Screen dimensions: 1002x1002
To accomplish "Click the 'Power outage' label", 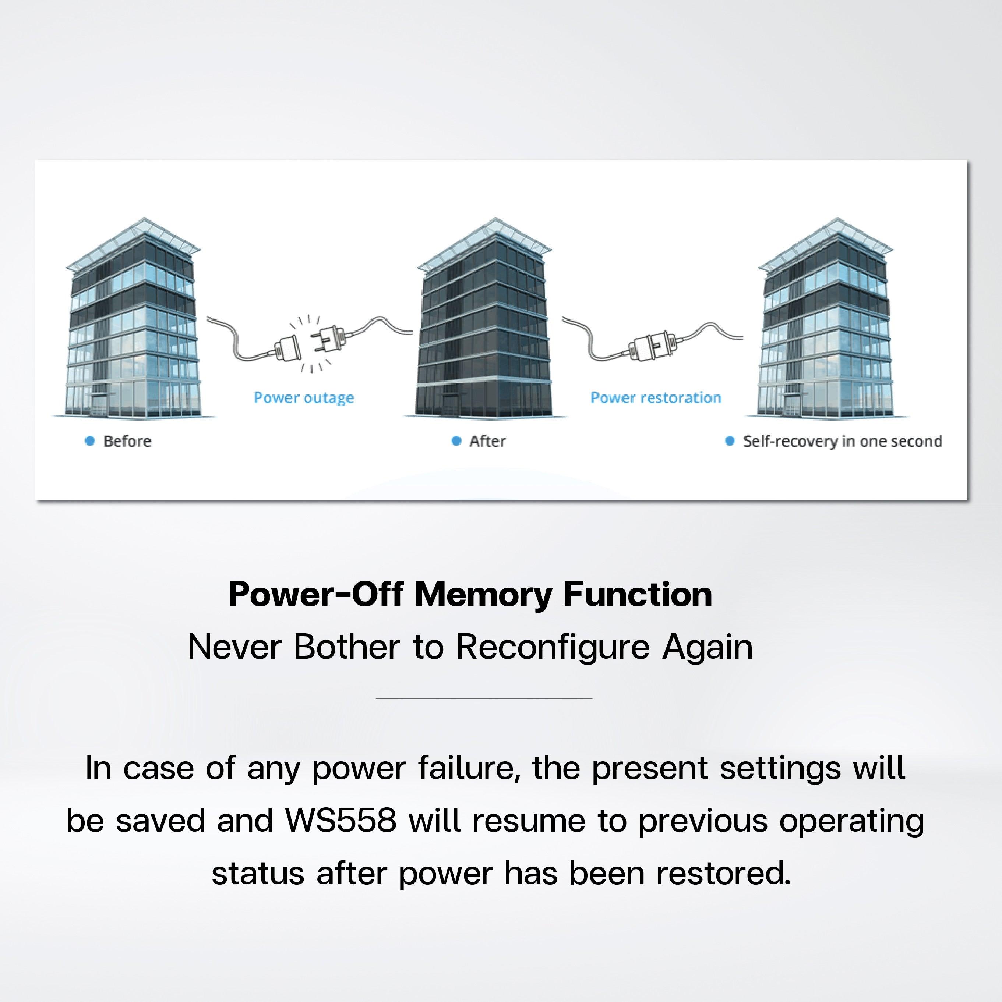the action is click(304, 398).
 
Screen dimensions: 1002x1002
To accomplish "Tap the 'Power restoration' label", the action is click(656, 398).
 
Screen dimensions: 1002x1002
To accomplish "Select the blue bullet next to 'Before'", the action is click(90, 440).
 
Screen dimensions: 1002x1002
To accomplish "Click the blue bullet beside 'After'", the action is click(456, 440).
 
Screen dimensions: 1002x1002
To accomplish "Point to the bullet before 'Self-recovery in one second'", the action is click(730, 440).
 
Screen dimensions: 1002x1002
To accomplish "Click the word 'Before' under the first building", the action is click(127, 441).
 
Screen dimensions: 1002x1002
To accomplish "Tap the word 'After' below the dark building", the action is click(487, 441).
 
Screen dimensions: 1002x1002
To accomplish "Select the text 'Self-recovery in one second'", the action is click(842, 441).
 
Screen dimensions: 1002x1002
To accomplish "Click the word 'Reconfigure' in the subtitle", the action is click(553, 648).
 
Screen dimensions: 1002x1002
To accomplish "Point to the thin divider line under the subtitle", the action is click(484, 698).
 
